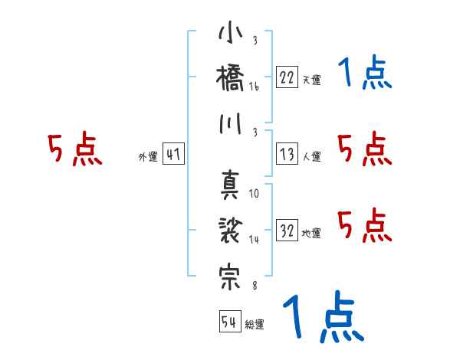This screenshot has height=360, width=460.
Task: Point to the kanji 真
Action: pos(230,185)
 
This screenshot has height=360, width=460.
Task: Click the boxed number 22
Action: pos(286,77)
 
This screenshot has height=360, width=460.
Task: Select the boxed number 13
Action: pos(286,155)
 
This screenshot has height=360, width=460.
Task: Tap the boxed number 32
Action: pos(286,231)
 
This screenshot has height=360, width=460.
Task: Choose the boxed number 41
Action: pos(173,155)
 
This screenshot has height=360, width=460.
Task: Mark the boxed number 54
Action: pos(229,322)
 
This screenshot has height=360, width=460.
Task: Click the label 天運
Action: pos(311,80)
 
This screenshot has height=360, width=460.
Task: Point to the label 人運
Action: pos(311,157)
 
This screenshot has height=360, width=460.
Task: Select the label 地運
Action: pos(311,234)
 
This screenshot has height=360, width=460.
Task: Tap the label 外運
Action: pos(148,157)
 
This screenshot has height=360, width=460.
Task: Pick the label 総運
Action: pos(255,324)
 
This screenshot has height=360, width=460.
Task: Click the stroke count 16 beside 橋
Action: pos(254,88)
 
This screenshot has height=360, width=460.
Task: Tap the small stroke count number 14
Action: pos(254,241)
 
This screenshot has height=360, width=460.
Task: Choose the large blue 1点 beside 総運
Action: pos(322,317)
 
